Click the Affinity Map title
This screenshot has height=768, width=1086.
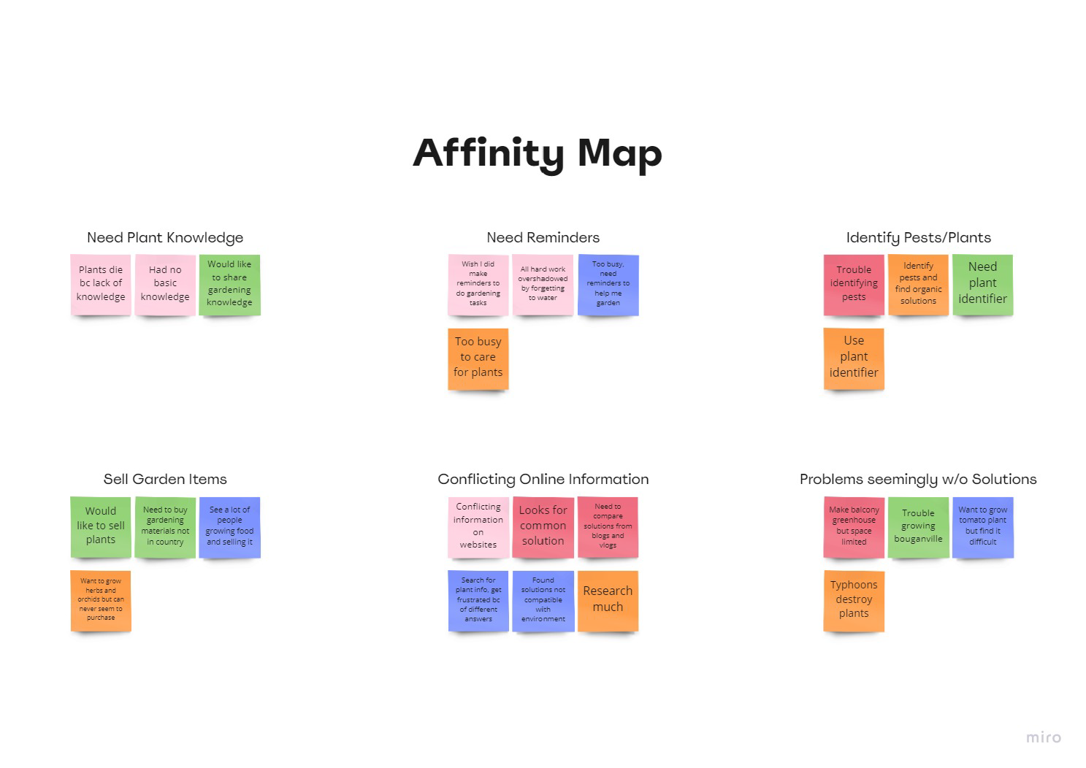tap(538, 154)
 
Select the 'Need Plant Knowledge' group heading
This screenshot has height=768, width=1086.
tap(165, 237)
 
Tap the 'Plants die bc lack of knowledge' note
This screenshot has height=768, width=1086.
tap(101, 285)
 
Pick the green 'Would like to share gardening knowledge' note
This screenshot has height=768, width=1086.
tap(230, 285)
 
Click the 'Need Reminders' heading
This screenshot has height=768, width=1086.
tap(543, 237)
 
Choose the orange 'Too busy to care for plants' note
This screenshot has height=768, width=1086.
tap(478, 359)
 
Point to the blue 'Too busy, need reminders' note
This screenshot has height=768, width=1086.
tap(608, 285)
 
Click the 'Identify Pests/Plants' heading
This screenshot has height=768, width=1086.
tap(918, 237)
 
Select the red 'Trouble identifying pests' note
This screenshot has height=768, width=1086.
tap(854, 285)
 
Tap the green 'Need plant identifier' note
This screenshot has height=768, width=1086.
tap(983, 285)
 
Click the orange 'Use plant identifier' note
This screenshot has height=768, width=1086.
tap(854, 359)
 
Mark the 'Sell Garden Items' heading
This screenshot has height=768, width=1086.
tap(165, 479)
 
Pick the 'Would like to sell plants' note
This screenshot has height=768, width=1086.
tap(101, 527)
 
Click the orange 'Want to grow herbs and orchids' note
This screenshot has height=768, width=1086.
tap(101, 601)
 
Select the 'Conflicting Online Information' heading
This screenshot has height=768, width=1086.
tap(543, 479)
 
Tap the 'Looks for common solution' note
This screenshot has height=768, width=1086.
tap(543, 527)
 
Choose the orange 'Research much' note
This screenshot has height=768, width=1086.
tap(608, 601)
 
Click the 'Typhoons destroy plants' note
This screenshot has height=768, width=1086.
tap(854, 601)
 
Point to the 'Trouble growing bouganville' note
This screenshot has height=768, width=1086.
tap(918, 527)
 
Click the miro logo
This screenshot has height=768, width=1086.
tap(1044, 737)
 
